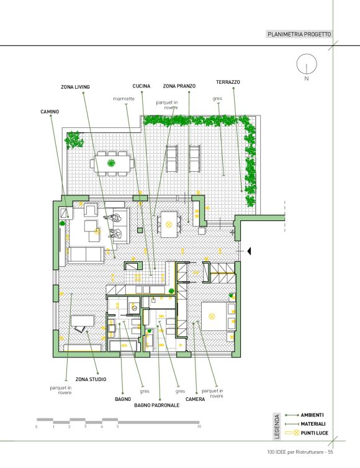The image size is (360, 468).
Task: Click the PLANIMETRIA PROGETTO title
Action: coord(299,34)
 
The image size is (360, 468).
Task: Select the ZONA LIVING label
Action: coord(75,87)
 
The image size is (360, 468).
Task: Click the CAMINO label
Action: coord(50,112)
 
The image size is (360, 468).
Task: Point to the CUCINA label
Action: coord(142,86)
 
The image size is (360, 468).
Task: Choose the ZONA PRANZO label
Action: coord(179,86)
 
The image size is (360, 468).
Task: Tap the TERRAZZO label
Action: coord(228,82)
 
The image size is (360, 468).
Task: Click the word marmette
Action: coord(124,99)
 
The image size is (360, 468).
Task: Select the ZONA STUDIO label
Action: coord(91,379)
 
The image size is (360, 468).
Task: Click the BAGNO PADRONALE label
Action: coord(156,405)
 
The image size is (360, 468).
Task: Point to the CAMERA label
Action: coord(196,399)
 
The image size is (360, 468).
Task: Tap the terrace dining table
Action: coord(112,163)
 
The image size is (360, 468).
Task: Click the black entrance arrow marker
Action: coord(249,251)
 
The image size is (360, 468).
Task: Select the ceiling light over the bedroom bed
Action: coord(212,317)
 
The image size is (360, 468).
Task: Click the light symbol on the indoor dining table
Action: coord(169,225)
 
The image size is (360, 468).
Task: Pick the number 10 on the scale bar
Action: coord(199,426)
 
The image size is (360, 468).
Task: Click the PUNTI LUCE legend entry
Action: coord(314,433)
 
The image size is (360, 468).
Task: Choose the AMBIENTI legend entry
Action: coord(312,415)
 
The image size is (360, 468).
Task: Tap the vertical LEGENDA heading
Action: coord(277,426)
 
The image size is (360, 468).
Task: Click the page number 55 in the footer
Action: coord(330,452)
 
